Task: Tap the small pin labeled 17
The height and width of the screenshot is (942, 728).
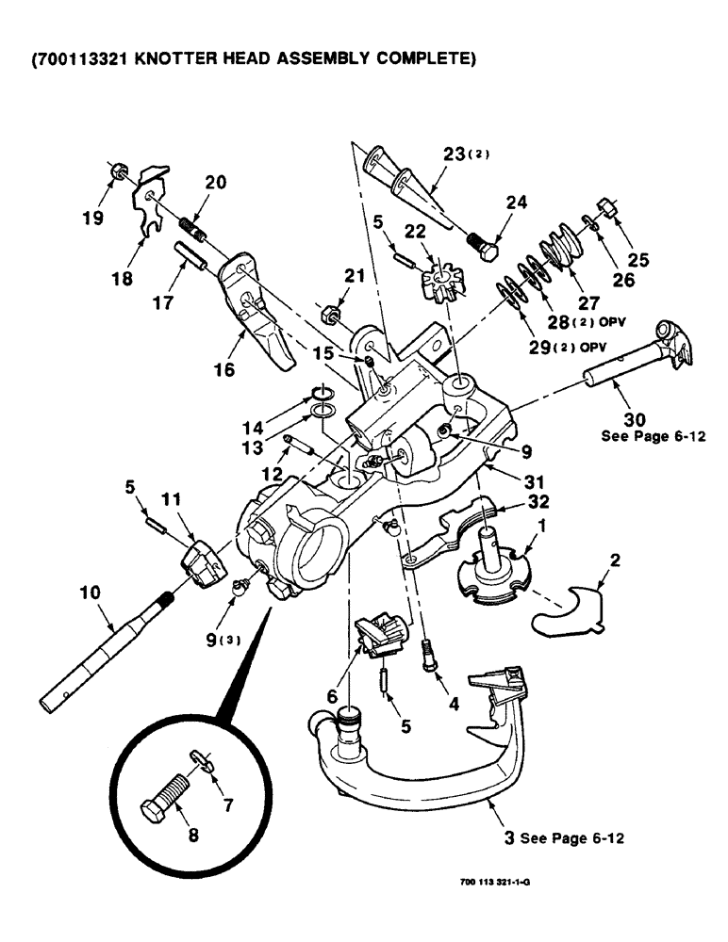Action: tap(190, 256)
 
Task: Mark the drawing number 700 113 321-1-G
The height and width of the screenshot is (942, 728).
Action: tap(502, 883)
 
